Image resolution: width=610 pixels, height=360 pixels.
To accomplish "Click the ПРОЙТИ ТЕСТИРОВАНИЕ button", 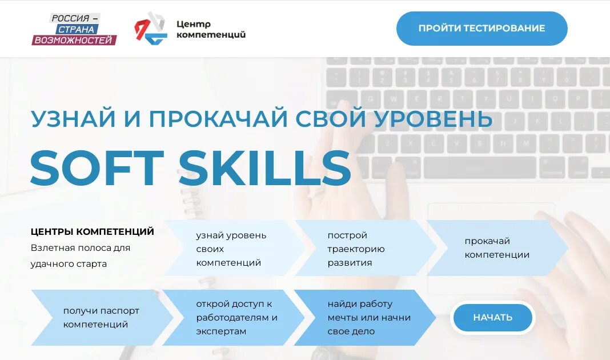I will click(x=481, y=29).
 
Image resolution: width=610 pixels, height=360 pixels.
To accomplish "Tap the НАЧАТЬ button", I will click(x=492, y=317).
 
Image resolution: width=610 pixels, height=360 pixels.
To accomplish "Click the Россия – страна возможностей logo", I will click(x=74, y=29).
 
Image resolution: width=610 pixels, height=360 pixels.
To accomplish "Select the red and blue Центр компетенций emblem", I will click(x=150, y=29).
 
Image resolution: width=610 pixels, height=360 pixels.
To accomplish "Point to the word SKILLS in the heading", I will click(x=264, y=168).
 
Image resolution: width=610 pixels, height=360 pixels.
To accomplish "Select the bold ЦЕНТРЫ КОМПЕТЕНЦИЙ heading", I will click(x=93, y=231).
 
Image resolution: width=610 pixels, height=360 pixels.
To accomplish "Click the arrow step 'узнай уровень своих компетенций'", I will click(x=231, y=249).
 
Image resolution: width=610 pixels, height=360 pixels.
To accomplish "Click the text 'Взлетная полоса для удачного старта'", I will click(x=81, y=256).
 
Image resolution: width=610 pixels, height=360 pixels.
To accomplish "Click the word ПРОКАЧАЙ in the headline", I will click(x=218, y=119).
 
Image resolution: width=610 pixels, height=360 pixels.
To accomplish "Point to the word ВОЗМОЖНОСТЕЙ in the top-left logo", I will click(x=74, y=40).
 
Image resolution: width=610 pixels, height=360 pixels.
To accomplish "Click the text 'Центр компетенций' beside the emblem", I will click(x=211, y=29).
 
